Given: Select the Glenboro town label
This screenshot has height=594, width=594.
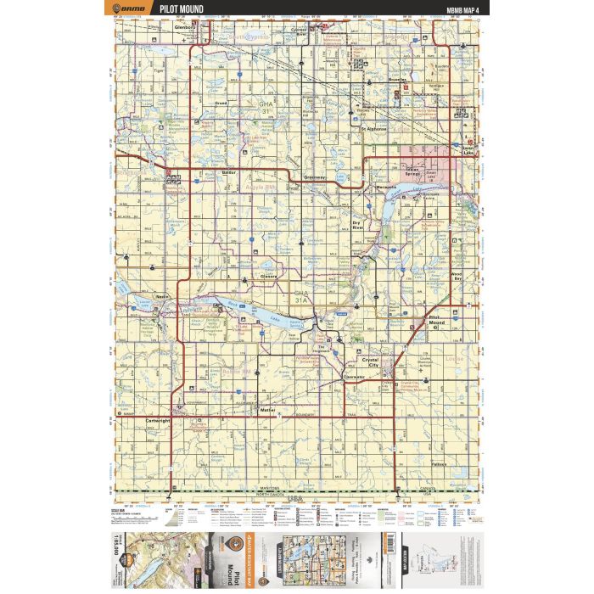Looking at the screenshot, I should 185,26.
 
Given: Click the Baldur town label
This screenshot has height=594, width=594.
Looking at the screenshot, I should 227,172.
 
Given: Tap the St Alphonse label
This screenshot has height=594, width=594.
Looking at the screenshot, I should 373,129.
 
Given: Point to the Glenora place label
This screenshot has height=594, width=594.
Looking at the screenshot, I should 270,276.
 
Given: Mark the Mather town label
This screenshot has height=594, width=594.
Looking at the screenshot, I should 268,410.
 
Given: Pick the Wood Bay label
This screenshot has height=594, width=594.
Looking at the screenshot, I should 457,277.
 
